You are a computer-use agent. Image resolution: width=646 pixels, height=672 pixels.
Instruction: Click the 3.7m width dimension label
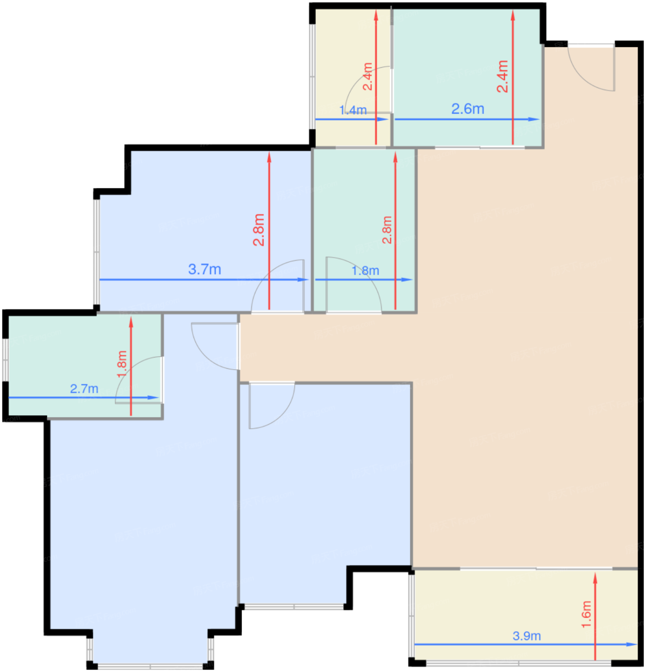204,269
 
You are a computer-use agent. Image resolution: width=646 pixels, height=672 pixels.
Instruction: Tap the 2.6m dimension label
467,109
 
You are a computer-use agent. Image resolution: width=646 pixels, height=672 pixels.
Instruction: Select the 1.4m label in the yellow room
353,110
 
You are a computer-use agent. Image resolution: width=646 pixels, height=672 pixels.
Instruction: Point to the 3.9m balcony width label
526,636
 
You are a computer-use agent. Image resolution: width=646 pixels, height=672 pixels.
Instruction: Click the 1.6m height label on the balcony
586,614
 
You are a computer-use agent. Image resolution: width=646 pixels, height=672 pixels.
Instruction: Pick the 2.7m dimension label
84,389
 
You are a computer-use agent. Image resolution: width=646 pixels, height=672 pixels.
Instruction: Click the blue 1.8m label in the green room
365,271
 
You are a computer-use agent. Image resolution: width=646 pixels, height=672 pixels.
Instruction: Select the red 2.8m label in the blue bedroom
259,230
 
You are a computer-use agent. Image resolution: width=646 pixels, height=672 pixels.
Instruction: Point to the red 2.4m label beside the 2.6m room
502,76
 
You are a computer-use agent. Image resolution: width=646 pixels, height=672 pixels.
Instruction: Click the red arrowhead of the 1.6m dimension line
595,578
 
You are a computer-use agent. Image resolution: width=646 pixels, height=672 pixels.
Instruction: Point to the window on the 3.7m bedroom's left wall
96,252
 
